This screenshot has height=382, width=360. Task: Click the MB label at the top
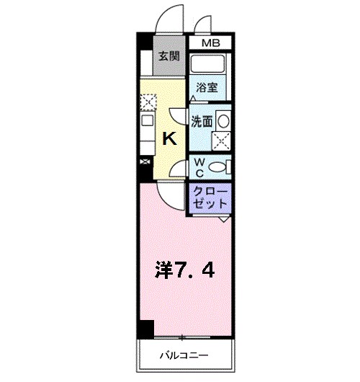pos(210,43)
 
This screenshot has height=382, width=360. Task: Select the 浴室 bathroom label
pos(207,88)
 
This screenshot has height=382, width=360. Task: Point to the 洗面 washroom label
pos(202,122)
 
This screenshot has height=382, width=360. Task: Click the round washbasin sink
pos(223,120)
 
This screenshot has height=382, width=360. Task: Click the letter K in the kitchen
pos(169,138)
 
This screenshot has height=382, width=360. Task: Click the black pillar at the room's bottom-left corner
pos(147,329)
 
